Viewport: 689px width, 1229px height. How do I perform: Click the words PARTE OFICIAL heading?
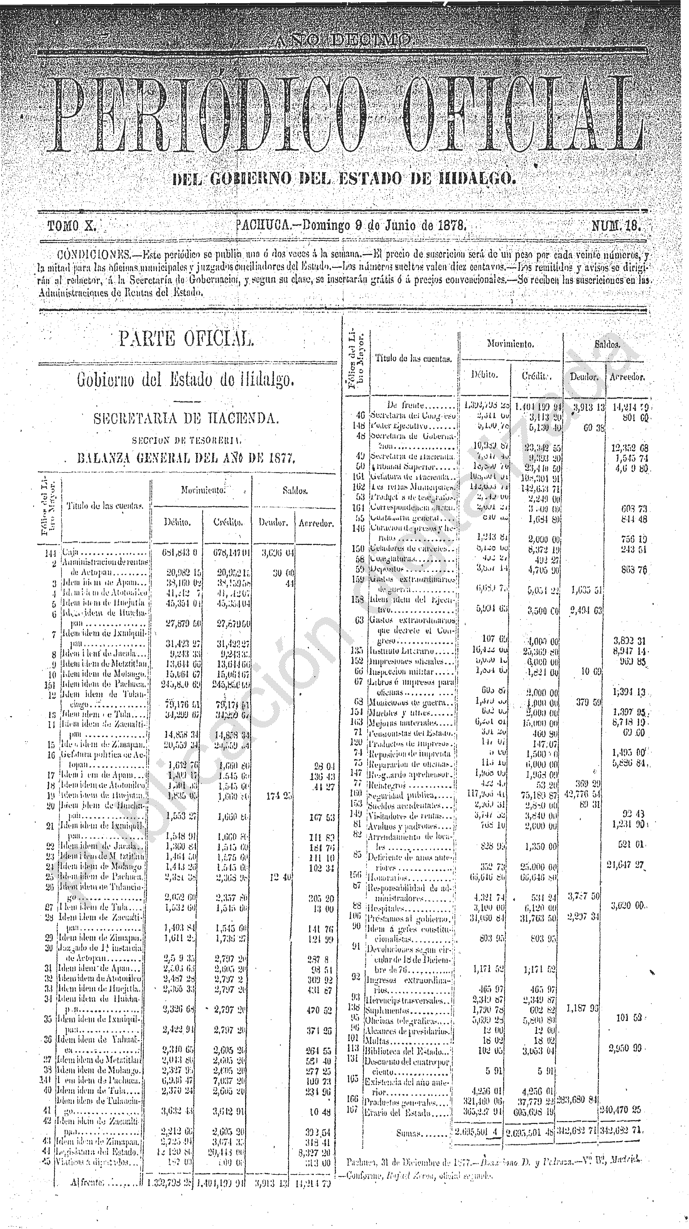186,339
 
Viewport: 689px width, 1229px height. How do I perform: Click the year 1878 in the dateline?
451,225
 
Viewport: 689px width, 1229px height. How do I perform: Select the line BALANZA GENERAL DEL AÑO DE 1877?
186,459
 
